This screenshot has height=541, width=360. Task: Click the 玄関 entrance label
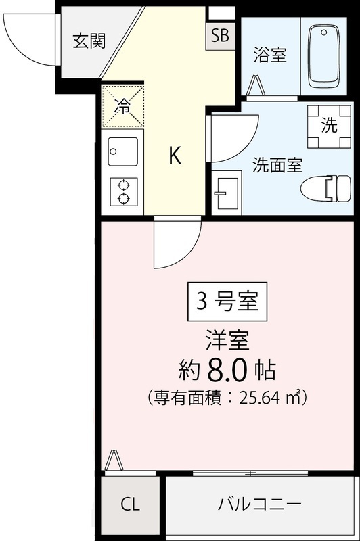coord(89,41)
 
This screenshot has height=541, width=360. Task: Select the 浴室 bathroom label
coord(270,55)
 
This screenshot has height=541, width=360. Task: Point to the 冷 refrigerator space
coord(123,105)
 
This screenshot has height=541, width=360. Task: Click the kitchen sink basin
coord(122,153)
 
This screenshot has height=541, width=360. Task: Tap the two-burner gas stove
coord(123,191)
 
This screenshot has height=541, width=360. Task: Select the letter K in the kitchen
coord(175,156)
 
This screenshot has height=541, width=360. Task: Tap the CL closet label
coord(131,504)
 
